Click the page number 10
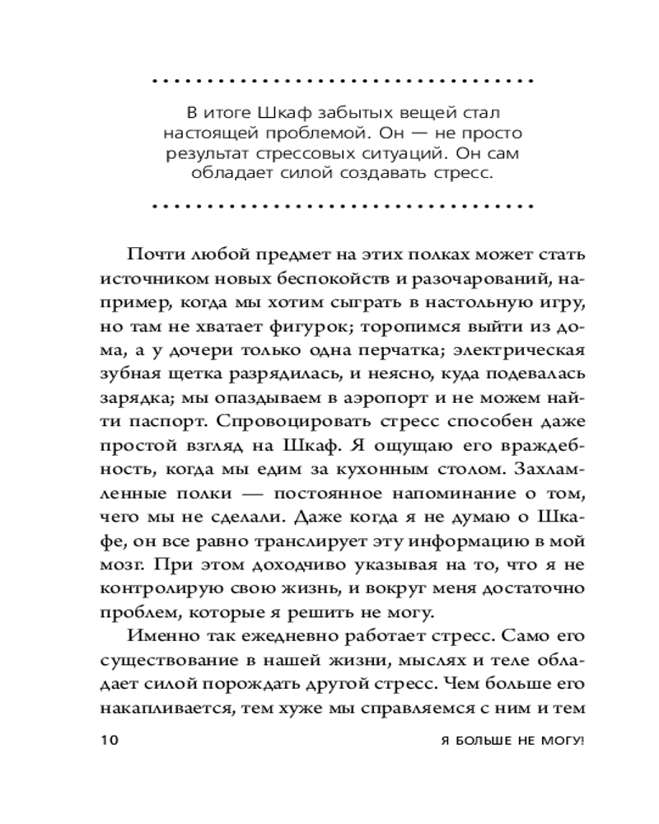coord(110,740)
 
